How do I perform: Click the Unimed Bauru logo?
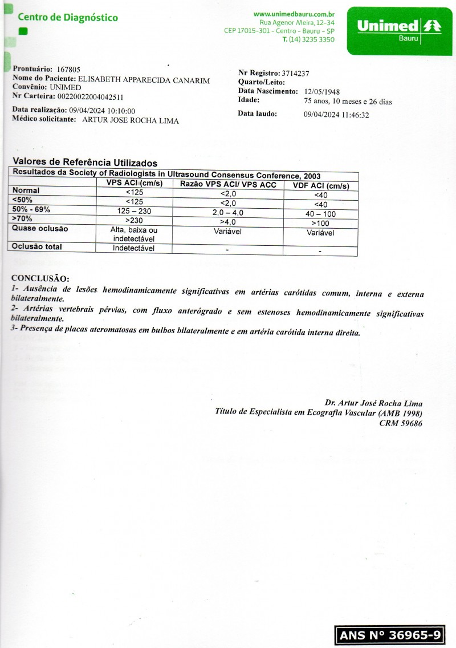tap(398, 30)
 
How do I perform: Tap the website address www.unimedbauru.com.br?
tap(294, 14)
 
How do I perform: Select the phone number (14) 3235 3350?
tap(308, 39)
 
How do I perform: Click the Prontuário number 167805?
tap(69, 69)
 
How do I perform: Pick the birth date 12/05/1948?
tap(323, 91)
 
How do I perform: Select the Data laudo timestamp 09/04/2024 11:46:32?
tap(337, 115)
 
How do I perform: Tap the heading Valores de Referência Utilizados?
tap(85, 163)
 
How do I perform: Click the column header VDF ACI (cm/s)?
tap(321, 186)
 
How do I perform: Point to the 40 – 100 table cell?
tap(321, 213)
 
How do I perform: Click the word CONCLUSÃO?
tap(40, 279)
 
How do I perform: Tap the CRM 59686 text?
tap(401, 423)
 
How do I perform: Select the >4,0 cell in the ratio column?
tap(228, 221)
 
